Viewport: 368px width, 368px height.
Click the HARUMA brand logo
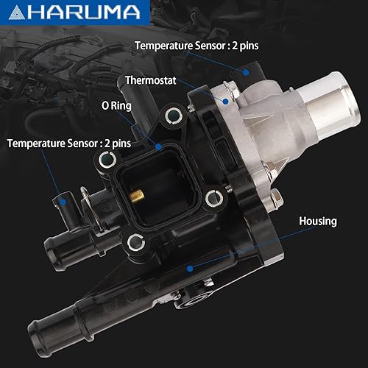coord(74,12)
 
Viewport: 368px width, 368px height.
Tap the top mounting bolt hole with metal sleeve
coord(174,115)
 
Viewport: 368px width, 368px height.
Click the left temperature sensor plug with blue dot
coord(65,199)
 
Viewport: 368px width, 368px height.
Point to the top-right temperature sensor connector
coord(250,71)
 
